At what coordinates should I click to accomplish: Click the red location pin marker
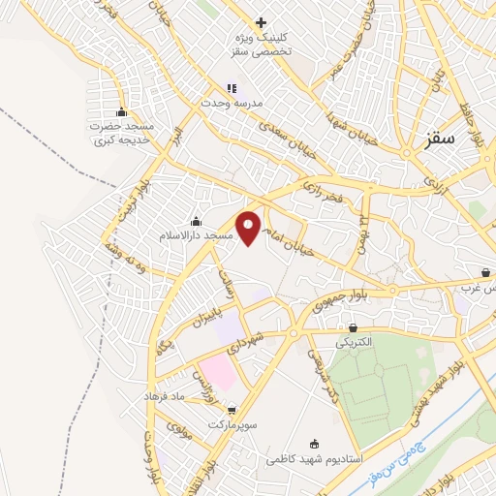tap(250, 228)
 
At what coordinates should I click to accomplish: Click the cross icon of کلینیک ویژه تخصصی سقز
tap(261, 22)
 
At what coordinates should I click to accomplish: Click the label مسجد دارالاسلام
tap(198, 235)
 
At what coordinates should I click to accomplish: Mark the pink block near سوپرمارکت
tap(220, 374)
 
